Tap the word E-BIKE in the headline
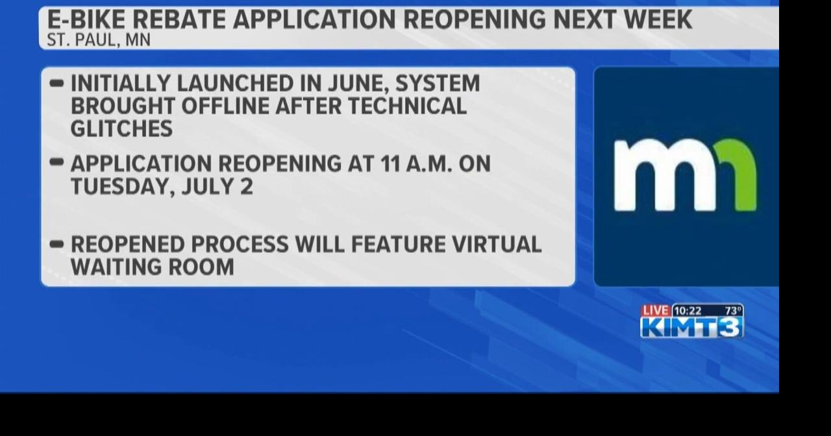coord(86,19)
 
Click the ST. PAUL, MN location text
coord(99,40)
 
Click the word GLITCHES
coord(121,128)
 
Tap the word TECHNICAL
coord(407,106)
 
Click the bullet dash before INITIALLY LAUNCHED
coord(56,84)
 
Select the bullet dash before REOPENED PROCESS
coord(56,244)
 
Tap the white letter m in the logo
coord(665,175)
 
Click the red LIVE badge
coord(656,311)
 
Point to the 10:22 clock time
coord(688,311)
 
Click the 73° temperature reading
coord(733,311)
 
